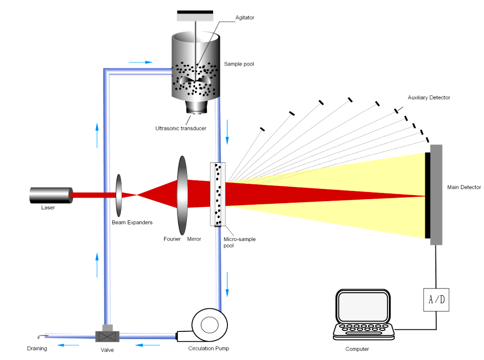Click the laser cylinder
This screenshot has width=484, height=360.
[x=50, y=195]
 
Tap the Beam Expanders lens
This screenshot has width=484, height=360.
[x=119, y=195]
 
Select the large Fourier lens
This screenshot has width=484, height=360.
[x=181, y=195]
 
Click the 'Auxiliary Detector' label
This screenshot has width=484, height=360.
[x=428, y=98]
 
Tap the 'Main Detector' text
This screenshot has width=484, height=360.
[x=464, y=187]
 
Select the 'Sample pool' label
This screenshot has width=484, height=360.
[x=239, y=64]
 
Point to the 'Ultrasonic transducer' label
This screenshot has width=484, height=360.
[x=181, y=128]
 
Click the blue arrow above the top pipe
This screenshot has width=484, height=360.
[x=141, y=62]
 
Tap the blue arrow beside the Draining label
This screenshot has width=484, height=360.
[x=67, y=345]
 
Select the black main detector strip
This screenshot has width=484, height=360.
[x=427, y=196]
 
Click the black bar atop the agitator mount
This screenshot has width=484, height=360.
[x=195, y=11]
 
